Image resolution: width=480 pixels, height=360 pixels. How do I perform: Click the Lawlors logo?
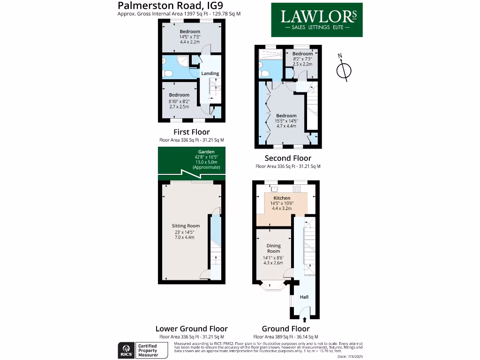[317, 20]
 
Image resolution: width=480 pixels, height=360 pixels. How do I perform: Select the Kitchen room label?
[282, 198]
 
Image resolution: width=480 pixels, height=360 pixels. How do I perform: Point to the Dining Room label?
[274, 248]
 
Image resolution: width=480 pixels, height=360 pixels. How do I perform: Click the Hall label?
[304, 297]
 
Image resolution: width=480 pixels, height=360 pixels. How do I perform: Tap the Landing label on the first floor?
[210, 74]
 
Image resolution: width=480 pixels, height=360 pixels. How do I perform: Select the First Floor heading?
[192, 132]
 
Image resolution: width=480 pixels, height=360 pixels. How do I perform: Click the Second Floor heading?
[288, 158]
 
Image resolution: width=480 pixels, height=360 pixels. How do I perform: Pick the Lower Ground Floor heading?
[192, 329]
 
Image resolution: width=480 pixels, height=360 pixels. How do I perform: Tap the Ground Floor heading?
[285, 329]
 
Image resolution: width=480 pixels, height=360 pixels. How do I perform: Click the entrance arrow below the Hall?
[305, 320]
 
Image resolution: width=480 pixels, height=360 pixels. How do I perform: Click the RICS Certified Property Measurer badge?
[142, 350]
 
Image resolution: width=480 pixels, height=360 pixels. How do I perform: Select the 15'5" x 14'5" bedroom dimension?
[286, 121]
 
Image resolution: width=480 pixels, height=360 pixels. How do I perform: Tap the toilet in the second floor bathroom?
[265, 73]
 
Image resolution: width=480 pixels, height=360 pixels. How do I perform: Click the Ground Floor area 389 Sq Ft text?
[285, 337]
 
